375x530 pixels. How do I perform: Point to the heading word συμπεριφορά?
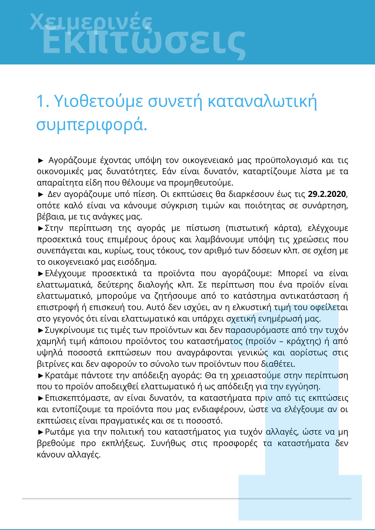(91, 125)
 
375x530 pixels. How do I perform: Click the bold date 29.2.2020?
(327, 194)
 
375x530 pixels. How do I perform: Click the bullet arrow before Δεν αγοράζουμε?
(41, 195)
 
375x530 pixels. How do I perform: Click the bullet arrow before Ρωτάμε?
(41, 432)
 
